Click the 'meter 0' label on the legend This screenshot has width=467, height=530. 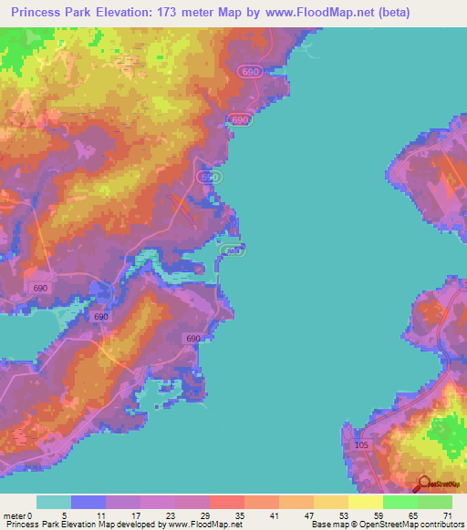[18, 515]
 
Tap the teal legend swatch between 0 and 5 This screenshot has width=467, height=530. [54, 502]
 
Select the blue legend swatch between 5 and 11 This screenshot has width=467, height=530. [88, 502]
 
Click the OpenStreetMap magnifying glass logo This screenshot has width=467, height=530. [423, 484]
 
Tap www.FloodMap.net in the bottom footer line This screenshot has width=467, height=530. [202, 525]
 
